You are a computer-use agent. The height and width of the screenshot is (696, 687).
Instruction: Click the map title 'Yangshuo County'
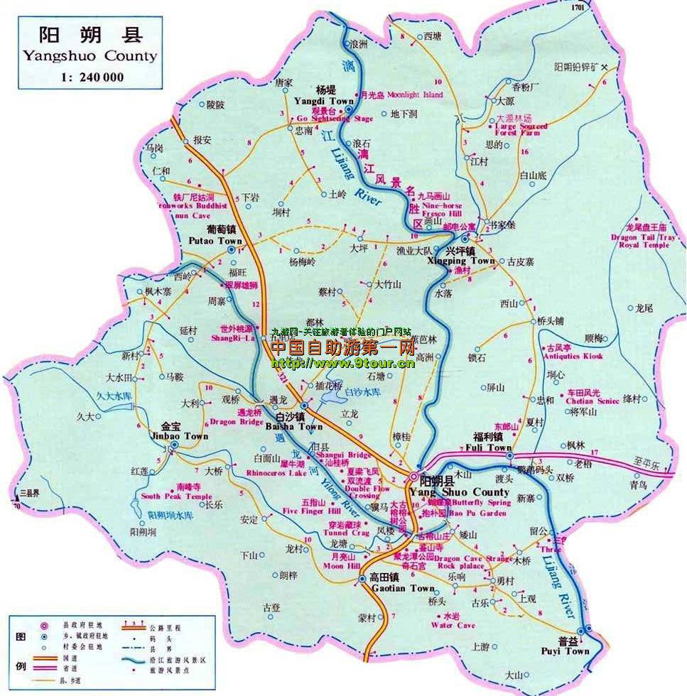click(90, 55)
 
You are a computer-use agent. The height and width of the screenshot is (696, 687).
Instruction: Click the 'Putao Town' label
click(215, 241)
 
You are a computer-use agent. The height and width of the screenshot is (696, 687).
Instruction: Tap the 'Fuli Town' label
click(488, 448)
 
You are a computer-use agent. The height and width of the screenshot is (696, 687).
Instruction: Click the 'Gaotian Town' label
click(403, 588)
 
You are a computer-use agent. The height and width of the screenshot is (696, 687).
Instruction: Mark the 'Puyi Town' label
click(575, 651)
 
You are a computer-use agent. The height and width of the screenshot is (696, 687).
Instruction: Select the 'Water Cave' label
click(453, 625)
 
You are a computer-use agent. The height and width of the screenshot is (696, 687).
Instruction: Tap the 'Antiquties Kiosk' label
click(572, 356)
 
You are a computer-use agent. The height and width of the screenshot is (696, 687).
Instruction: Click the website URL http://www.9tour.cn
click(343, 363)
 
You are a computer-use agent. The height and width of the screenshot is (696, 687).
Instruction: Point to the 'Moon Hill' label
click(342, 566)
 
